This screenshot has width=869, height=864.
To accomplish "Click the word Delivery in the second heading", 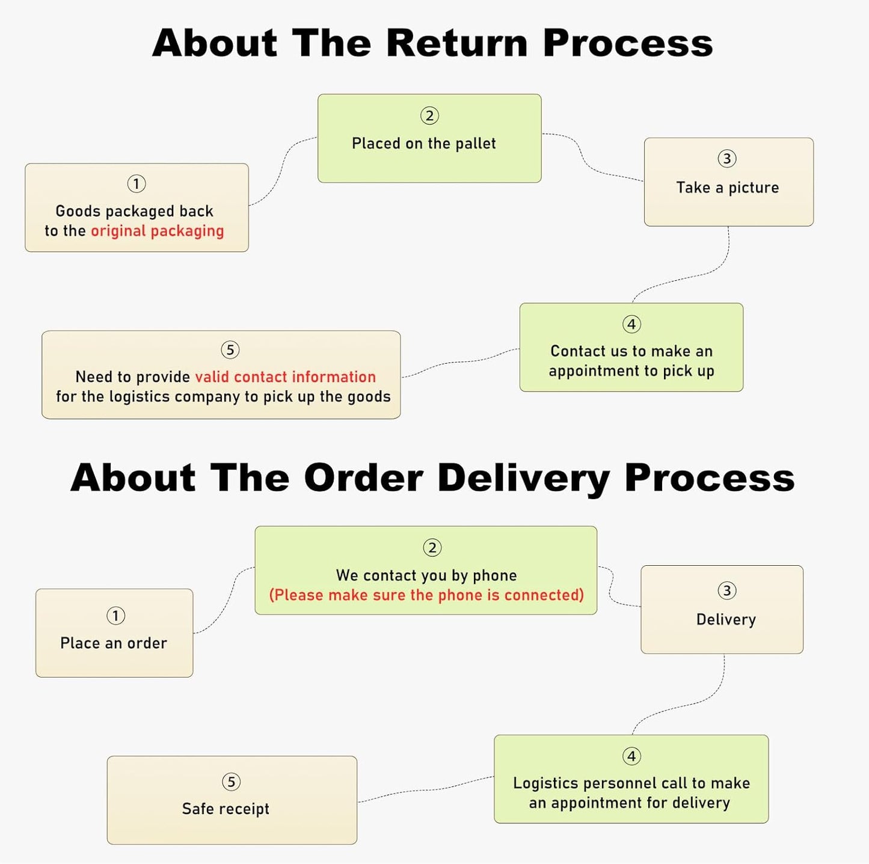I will tap(523, 478).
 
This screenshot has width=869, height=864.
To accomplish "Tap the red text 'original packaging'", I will tap(157, 231).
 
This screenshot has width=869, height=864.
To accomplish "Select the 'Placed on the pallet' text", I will tap(424, 144).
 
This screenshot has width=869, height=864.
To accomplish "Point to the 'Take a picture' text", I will tap(727, 188).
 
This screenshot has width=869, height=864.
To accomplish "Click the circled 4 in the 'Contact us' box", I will tap(631, 325).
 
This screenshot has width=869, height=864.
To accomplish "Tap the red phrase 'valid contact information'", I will tap(285, 377).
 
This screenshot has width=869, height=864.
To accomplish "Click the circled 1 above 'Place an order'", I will tap(115, 616).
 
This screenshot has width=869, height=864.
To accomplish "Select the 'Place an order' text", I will tap(114, 643).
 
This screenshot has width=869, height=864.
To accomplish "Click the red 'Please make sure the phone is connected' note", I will tap(426, 595).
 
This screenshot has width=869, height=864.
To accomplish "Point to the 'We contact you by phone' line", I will tap(426, 575).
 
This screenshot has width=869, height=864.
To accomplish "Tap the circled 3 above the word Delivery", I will tap(726, 590).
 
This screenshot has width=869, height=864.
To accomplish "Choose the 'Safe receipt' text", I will tap(226, 809).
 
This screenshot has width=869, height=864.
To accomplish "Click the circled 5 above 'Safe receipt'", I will tap(231, 782).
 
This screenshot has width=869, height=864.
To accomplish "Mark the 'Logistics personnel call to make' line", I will tap(631, 783).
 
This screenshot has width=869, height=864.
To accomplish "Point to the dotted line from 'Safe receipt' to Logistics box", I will tap(427, 789).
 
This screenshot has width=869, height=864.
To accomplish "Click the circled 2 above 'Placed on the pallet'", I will tap(429, 115).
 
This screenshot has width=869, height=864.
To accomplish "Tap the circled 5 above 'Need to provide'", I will tap(230, 350).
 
